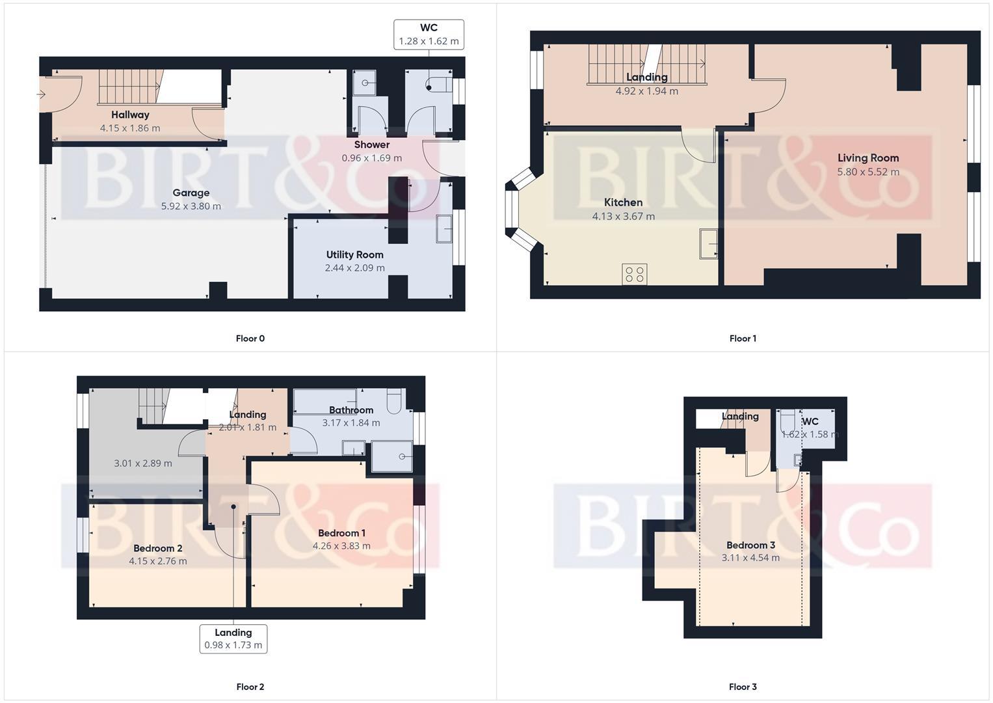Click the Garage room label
pos(191,193)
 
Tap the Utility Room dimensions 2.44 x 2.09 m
pos(355,268)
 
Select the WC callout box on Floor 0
pos(429,34)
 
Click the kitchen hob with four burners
pos(634,274)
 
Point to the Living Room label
pos(868,158)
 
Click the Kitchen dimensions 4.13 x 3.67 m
pos(623,217)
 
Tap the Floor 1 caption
pos(743,338)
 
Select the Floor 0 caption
pos(250,338)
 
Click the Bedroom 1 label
pos(341,533)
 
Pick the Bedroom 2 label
pos(158,548)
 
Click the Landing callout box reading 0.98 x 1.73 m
pos(233,639)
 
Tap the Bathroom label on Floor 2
pos(351,410)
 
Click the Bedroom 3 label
pos(750,545)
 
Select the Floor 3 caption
pos(743,687)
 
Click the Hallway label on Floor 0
pos(130,115)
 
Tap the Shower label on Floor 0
pos(372,145)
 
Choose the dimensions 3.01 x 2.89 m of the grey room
pos(143,463)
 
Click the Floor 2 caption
pos(250,687)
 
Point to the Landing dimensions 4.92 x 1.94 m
pos(647,92)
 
